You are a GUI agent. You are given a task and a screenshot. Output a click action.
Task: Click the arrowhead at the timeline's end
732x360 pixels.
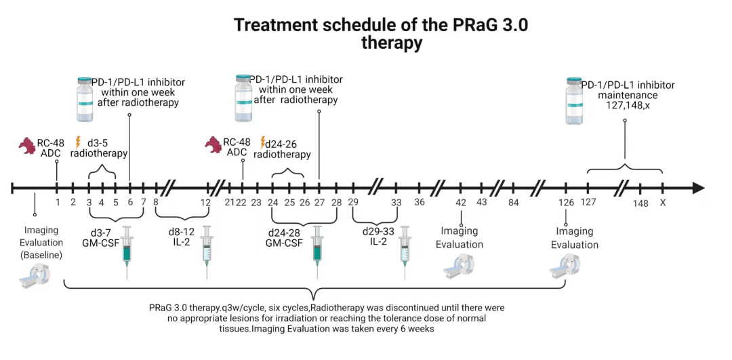[x=698, y=188]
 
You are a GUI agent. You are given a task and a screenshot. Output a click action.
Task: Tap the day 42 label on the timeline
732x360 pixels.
[x=461, y=203]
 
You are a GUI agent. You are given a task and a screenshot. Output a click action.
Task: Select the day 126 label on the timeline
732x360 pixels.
[x=565, y=203]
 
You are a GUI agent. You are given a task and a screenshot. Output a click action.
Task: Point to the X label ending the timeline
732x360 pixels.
[x=662, y=203]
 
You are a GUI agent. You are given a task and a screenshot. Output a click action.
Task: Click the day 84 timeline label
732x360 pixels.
[x=513, y=203]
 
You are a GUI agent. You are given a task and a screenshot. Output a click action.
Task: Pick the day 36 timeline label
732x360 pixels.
[x=420, y=203]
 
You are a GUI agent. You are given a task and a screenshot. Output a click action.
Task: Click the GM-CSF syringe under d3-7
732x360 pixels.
[x=127, y=252]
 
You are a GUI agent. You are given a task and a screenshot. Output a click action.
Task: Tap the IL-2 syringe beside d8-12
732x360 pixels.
[x=207, y=252]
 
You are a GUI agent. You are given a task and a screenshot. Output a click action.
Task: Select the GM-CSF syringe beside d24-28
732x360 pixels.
[x=317, y=252]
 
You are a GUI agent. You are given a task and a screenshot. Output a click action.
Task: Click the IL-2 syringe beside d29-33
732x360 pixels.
[x=404, y=252]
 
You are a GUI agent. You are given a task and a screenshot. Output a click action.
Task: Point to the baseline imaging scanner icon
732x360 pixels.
[x=35, y=276]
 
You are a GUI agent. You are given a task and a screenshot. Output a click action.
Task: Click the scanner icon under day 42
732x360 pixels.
[x=459, y=267]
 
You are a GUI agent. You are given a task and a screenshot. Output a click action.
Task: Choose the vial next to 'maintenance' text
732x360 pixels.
[x=574, y=101]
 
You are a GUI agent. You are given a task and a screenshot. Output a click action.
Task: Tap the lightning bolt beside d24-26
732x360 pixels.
[x=262, y=142]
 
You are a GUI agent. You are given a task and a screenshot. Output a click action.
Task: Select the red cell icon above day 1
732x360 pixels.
[x=27, y=146]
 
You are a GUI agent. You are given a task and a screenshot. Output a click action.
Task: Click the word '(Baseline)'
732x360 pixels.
[x=41, y=256]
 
